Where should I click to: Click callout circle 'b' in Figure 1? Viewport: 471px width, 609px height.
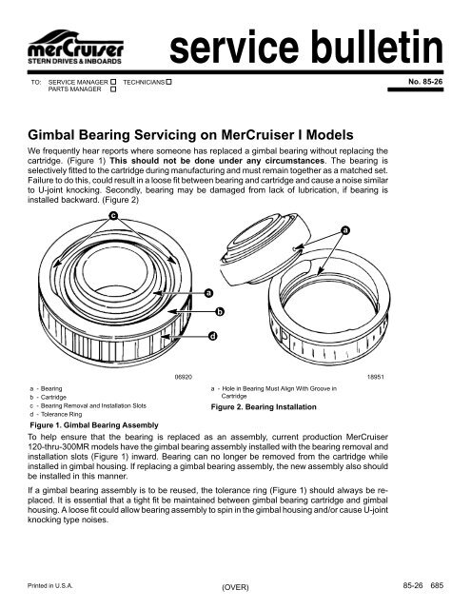[x=220, y=311]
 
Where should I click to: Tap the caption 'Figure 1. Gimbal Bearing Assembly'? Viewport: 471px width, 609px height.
[x=87, y=424]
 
